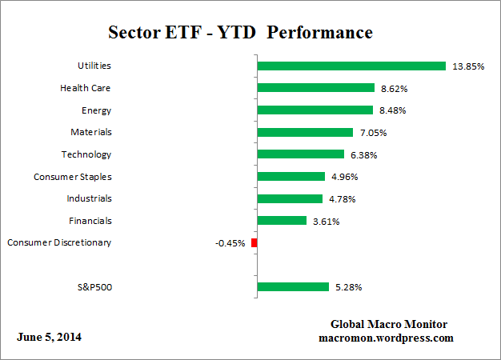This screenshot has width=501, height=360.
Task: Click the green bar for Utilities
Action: click(351, 66)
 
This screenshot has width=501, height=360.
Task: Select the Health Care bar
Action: click(315, 88)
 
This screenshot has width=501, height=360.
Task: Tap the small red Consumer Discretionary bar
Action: click(254, 242)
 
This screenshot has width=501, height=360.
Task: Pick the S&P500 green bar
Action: click(292, 286)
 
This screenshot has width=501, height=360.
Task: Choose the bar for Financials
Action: click(281, 220)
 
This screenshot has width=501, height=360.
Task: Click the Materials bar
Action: click(304, 132)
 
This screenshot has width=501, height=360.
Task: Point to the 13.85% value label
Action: click(468, 66)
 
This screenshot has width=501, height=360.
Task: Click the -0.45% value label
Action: click(230, 242)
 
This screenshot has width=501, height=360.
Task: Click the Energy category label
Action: click(96, 110)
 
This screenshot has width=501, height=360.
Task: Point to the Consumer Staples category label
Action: click(72, 176)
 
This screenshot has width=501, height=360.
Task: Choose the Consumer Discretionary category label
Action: click(58, 242)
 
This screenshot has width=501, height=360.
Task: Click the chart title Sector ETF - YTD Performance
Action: click(240, 33)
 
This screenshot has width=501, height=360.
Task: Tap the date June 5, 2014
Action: click(49, 337)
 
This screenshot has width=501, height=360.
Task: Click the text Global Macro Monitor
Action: click(389, 324)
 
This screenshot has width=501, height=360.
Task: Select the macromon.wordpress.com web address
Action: click(387, 338)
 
